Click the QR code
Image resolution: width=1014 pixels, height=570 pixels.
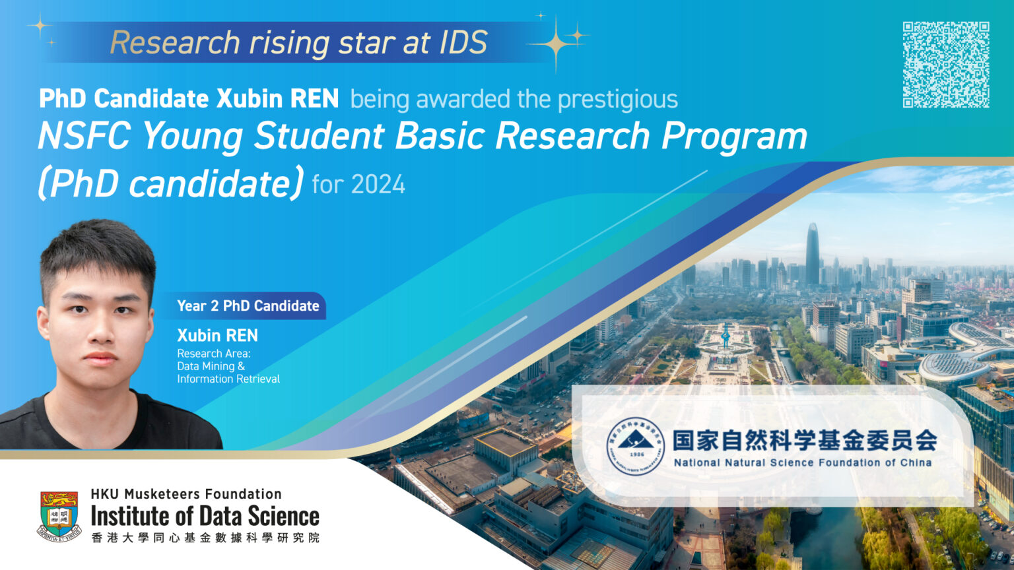click(945, 64)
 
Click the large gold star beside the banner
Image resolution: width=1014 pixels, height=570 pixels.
click(556, 44)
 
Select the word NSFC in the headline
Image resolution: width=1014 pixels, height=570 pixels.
click(84, 136)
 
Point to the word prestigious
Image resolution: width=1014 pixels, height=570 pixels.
click(617, 100)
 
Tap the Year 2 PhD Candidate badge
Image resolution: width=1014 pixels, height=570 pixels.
click(248, 306)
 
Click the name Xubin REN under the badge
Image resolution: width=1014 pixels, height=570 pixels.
click(217, 335)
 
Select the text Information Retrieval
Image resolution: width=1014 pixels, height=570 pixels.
click(228, 379)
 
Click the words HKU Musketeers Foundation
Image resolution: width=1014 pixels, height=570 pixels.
click(186, 493)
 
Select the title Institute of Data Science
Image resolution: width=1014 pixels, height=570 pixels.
click(205, 516)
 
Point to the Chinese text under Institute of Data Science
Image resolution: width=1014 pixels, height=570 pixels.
click(205, 538)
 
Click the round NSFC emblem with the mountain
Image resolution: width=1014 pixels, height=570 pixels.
click(635, 446)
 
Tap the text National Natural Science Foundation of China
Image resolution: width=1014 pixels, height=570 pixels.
click(802, 462)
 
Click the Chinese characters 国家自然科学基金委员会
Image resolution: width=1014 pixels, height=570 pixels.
click(804, 440)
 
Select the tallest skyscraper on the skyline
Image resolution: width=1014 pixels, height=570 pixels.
click(812, 254)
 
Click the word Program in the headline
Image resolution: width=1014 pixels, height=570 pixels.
click(734, 136)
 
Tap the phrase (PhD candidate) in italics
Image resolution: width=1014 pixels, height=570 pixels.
click(171, 183)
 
